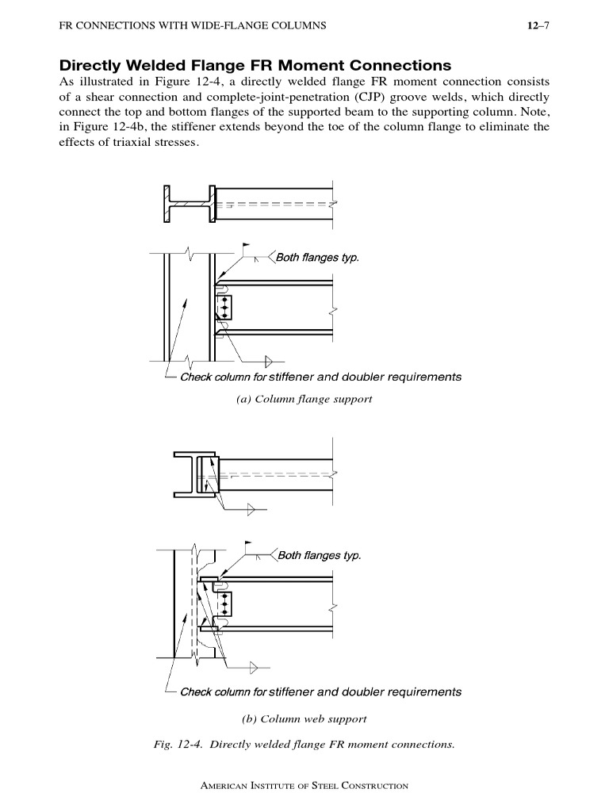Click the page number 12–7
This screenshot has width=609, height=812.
point(538,26)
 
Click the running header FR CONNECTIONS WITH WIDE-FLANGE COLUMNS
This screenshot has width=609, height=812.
point(193,26)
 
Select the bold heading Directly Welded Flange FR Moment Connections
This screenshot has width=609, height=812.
point(255,65)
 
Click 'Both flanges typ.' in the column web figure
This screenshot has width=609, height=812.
point(319,555)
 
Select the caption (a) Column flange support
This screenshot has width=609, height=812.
point(304,399)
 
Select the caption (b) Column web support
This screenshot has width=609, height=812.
point(304,719)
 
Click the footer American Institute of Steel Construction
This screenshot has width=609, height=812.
point(304,786)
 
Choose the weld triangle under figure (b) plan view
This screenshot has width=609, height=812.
point(252,511)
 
